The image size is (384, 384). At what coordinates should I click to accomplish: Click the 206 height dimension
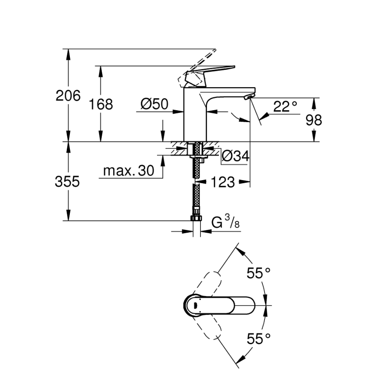[68, 96]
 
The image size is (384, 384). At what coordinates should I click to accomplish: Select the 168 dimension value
[101, 104]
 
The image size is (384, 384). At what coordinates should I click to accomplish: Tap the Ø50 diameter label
[154, 104]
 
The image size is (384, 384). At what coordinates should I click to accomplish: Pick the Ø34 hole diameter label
[235, 156]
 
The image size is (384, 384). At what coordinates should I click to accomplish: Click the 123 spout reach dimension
[223, 181]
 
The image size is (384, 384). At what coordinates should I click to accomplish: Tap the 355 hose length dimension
[68, 181]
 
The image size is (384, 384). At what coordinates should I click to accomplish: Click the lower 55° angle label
[258, 339]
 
